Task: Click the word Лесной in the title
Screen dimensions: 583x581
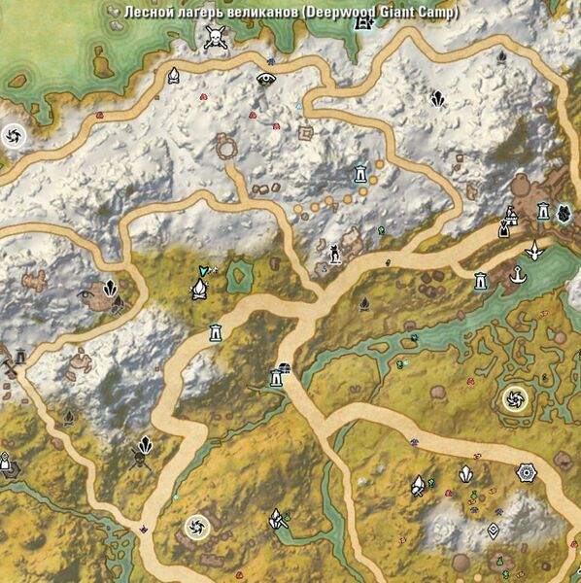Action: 147,13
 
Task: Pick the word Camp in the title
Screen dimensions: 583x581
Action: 436,13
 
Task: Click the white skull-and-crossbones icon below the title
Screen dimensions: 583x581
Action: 214,38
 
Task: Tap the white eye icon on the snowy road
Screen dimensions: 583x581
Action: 265,79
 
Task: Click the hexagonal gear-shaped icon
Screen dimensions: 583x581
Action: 526,472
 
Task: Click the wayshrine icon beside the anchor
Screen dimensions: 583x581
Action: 480,281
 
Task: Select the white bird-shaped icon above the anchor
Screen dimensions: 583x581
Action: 533,250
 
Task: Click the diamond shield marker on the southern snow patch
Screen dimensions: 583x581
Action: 494,531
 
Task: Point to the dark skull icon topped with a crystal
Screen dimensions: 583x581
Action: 144,448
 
